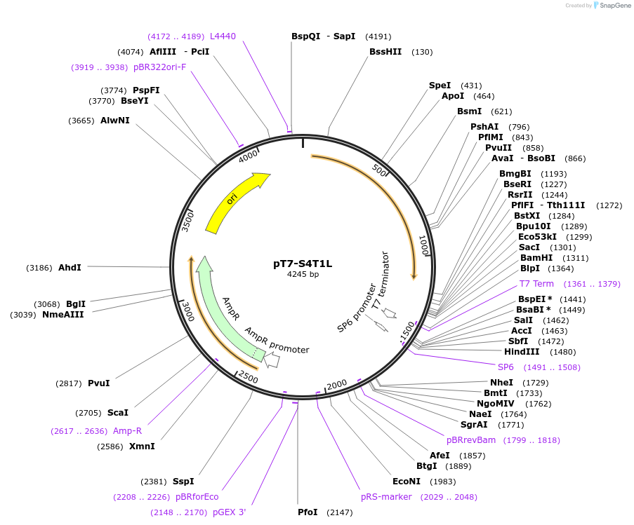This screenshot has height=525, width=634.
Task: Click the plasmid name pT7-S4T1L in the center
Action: [303, 264]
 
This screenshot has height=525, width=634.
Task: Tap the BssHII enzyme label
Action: [385, 52]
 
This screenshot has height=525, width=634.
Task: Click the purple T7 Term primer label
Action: [536, 284]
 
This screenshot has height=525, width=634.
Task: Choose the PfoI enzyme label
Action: [308, 512]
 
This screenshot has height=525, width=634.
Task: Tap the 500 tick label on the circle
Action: [380, 172]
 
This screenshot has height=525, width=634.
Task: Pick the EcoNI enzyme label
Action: [407, 482]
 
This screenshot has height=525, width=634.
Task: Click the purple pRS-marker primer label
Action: [386, 497]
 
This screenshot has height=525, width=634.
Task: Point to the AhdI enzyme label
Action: [70, 268]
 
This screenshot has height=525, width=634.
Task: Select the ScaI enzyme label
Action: [118, 413]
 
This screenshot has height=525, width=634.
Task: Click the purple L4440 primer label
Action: [223, 36]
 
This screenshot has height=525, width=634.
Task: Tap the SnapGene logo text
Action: [614, 6]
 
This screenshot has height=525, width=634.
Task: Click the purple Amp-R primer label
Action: [127, 431]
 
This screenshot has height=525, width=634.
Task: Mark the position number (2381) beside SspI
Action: [154, 482]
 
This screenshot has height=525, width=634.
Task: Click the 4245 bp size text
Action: [303, 274]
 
